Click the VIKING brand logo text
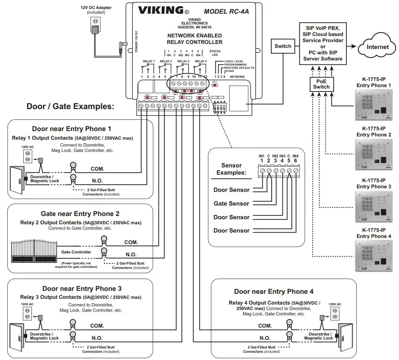click(161, 10)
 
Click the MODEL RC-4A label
click(226, 11)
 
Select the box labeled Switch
click(283, 46)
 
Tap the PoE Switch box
click(321, 84)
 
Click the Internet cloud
click(377, 47)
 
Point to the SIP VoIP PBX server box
click(323, 44)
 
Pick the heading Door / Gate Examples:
click(70, 107)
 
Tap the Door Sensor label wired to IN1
click(231, 190)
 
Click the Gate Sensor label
click(231, 204)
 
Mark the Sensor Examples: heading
click(231, 169)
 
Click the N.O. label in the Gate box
click(131, 255)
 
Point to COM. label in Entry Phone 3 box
click(97, 326)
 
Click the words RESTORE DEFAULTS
click(239, 68)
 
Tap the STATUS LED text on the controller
click(215, 53)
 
